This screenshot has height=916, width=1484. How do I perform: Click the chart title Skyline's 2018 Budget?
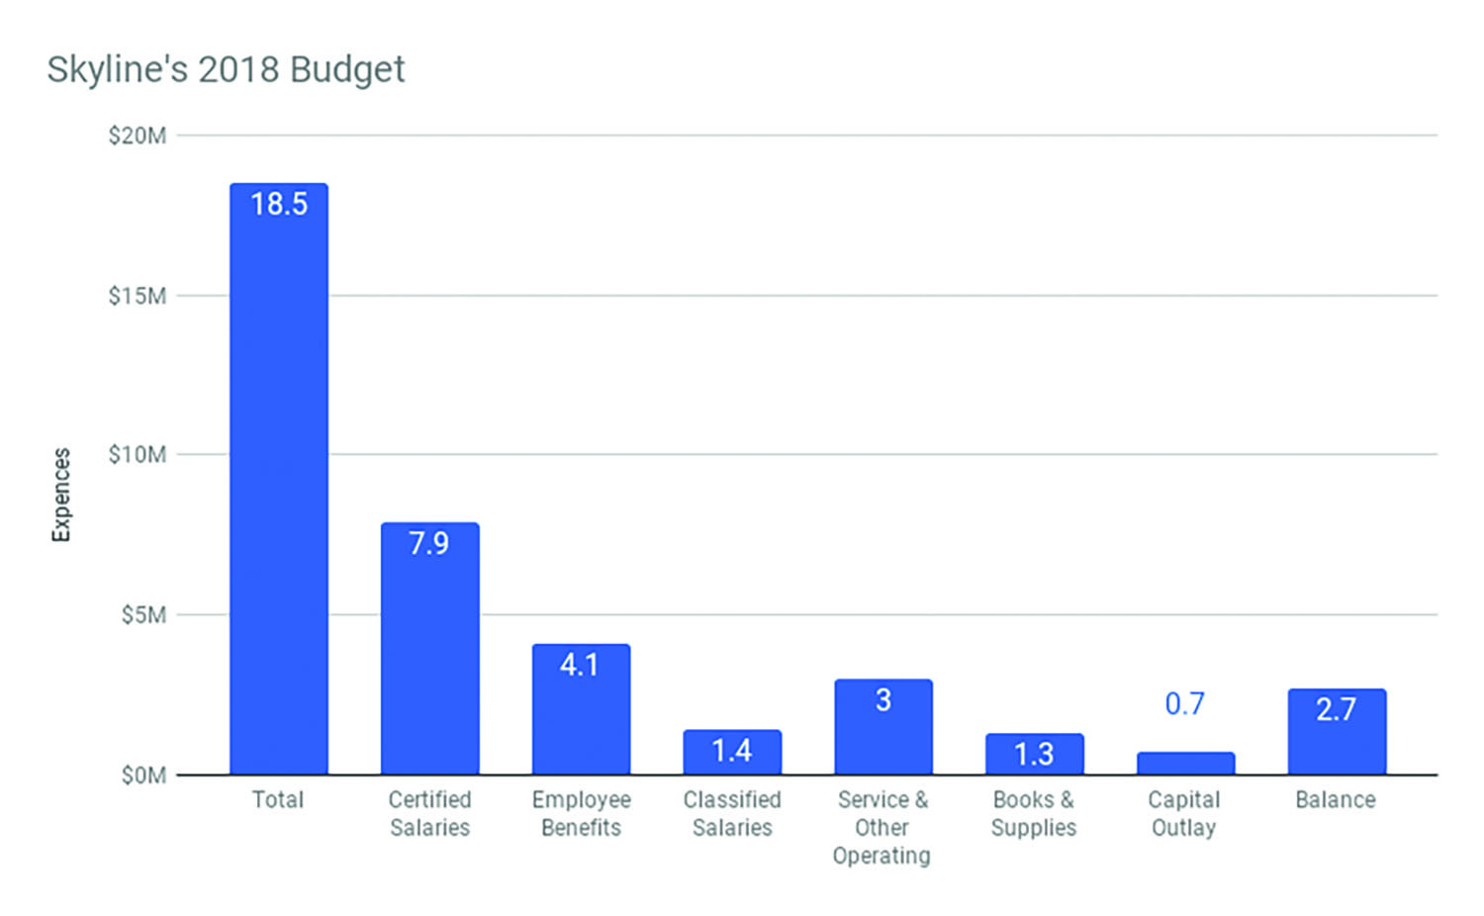pos(226,69)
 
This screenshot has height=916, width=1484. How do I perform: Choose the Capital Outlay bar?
pos(1185,763)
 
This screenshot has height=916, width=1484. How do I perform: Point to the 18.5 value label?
pos(279,204)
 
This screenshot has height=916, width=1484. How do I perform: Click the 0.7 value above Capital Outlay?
pos(1184,703)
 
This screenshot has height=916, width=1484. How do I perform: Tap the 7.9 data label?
pos(429,543)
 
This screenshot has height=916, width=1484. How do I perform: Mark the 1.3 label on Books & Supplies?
pos(1034,754)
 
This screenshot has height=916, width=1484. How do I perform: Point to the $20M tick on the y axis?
pos(138,136)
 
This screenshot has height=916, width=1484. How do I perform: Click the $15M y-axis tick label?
pos(138,296)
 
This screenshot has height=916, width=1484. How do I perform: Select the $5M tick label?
pos(143,615)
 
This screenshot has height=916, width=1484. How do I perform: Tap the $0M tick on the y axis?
pos(143,776)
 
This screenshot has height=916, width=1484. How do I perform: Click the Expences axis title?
pos(61,495)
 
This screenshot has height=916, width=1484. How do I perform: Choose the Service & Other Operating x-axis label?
pos(882,827)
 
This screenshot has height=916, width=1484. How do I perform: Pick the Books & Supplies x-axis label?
pos(1034,813)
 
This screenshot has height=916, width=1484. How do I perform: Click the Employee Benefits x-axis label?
pos(581,813)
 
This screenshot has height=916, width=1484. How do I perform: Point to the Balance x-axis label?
pos(1336,799)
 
